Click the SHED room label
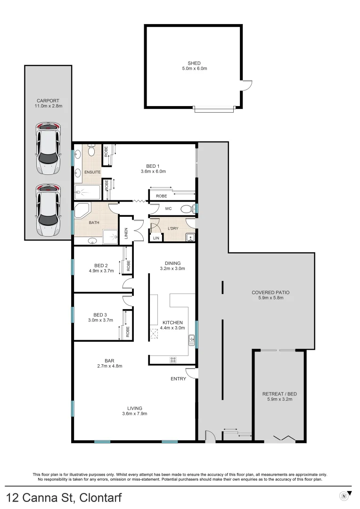tap(194, 63)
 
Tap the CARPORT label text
tap(48, 100)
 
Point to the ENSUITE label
tap(92, 172)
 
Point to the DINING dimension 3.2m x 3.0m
tap(172, 269)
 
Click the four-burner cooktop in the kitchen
tap(173, 360)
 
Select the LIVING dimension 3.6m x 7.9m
tap(135, 414)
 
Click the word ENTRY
tap(179, 378)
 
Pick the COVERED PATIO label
tap(270, 292)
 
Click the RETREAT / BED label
tap(279, 394)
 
